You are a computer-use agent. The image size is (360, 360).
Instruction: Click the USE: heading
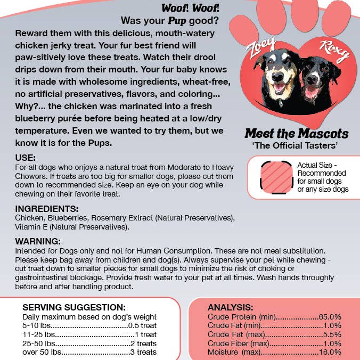(26, 158)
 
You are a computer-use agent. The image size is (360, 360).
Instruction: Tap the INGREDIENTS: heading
(47, 209)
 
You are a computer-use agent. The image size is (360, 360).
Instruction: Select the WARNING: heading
(38, 241)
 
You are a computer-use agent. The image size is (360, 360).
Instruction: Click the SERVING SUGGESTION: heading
(74, 307)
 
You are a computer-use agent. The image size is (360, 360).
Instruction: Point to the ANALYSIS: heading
(230, 307)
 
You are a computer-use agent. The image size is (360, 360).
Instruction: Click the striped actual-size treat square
(276, 177)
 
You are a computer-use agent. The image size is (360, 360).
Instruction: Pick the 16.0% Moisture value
(330, 352)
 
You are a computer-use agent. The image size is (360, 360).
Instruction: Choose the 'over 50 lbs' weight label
(42, 352)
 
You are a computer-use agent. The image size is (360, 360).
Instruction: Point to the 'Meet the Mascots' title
(296, 133)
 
